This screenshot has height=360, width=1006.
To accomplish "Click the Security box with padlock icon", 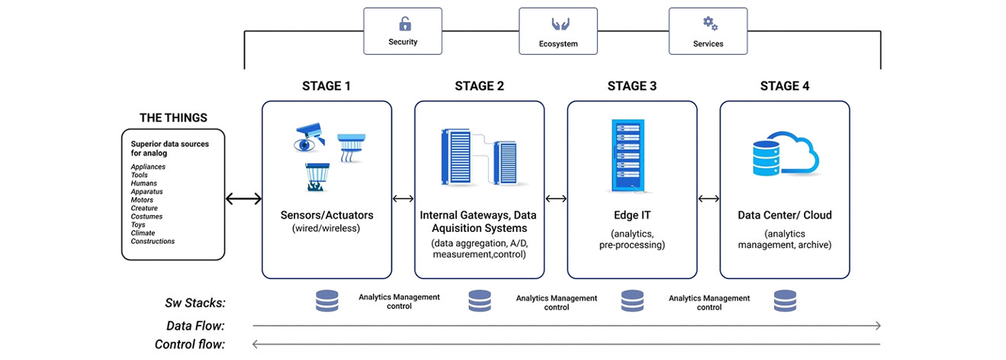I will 403,31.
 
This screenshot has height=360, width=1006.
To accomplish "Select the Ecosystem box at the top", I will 558,31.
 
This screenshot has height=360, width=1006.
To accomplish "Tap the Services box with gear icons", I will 708,31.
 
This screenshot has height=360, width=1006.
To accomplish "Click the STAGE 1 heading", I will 326,86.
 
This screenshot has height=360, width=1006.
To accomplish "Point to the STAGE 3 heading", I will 632,86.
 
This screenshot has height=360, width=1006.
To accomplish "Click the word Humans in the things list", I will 144,184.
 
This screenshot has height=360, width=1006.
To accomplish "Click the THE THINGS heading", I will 173,118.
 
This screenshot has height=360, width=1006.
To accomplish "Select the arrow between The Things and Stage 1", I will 243,199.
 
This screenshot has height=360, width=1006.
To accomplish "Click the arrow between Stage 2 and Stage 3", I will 556,199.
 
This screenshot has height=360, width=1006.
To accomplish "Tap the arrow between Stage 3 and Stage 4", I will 709,199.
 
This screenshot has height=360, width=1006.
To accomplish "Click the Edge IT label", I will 632,216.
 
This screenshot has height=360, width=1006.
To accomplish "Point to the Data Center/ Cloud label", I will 785,216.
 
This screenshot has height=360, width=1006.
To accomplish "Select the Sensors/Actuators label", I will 326,216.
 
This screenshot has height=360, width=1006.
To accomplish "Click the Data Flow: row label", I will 195,326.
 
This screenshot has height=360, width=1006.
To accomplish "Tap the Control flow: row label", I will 190,345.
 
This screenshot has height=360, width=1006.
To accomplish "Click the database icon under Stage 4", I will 785,301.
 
